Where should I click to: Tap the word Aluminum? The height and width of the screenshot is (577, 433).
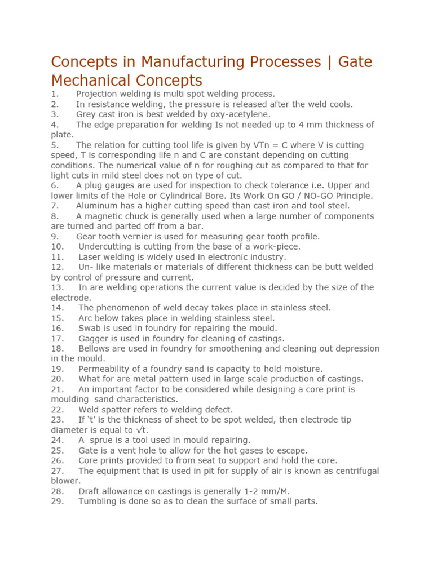click(96, 206)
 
